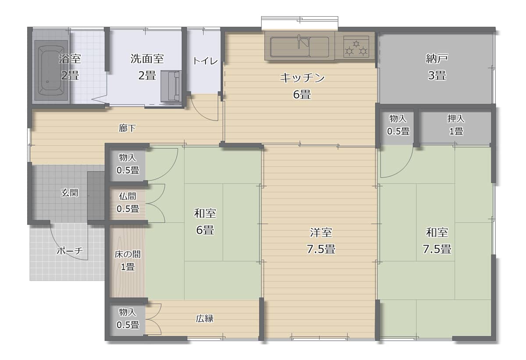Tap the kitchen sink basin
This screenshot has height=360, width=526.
tap(299, 47)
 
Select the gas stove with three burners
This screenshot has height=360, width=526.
tap(356, 47)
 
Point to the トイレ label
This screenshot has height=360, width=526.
tap(206, 61)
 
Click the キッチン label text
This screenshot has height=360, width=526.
tap(302, 78)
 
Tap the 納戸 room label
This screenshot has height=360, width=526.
tap(437, 58)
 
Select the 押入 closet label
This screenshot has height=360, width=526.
tap(456, 118)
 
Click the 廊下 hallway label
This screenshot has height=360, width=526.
tap(127, 128)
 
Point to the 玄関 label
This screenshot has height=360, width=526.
tap(70, 193)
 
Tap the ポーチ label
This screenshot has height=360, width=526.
tap(70, 251)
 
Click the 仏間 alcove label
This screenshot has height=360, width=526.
tap(128, 196)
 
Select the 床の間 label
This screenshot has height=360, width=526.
tap(128, 254)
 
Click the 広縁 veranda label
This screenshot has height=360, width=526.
tap(205, 319)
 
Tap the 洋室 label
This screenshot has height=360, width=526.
tap(321, 232)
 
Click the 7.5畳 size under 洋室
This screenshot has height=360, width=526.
tap(321, 249)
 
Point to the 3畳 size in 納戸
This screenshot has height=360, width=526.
tap(437, 75)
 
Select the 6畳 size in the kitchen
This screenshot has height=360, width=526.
tap(302, 94)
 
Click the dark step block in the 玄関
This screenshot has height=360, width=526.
tap(96, 196)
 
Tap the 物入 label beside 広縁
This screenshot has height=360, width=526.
tap(128, 312)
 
